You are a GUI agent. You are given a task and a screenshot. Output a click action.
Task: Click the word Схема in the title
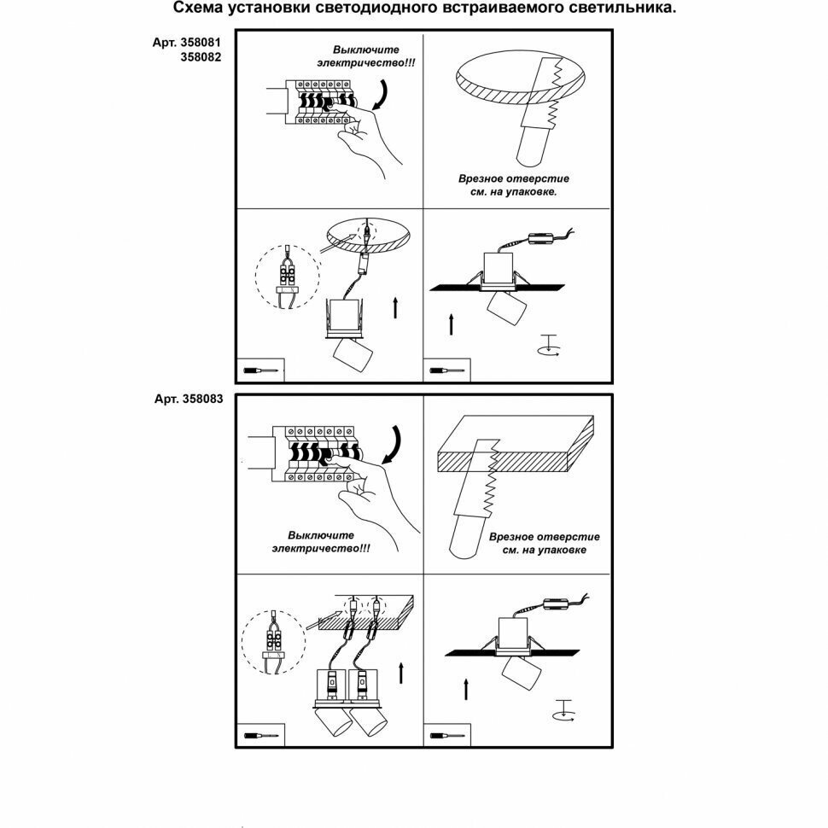(x=197, y=9)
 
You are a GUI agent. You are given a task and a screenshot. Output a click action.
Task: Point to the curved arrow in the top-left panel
(x=382, y=95)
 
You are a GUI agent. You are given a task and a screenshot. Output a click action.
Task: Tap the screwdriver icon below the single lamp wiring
(x=260, y=371)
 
